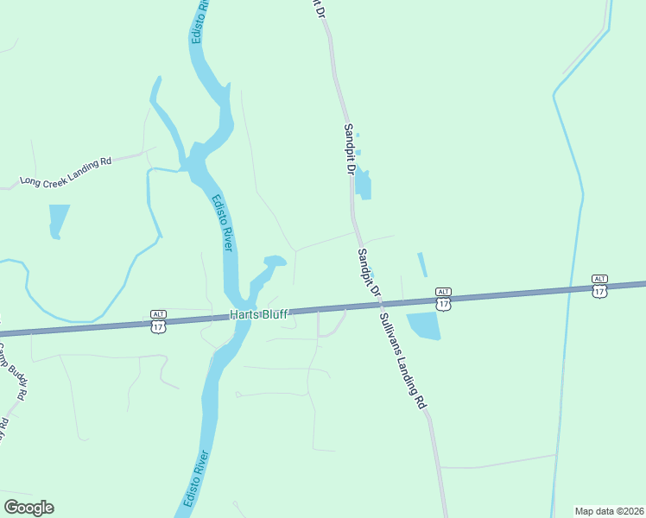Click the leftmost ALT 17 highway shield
[x=158, y=322]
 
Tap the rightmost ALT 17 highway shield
[x=599, y=287]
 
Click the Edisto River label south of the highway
[x=196, y=480]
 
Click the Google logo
[x=28, y=508]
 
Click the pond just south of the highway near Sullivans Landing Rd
[x=423, y=325]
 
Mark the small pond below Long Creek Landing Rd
[x=58, y=219]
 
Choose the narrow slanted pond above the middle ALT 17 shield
[x=422, y=264]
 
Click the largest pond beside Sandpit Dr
[x=364, y=185]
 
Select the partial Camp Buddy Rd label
[x=12, y=371]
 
